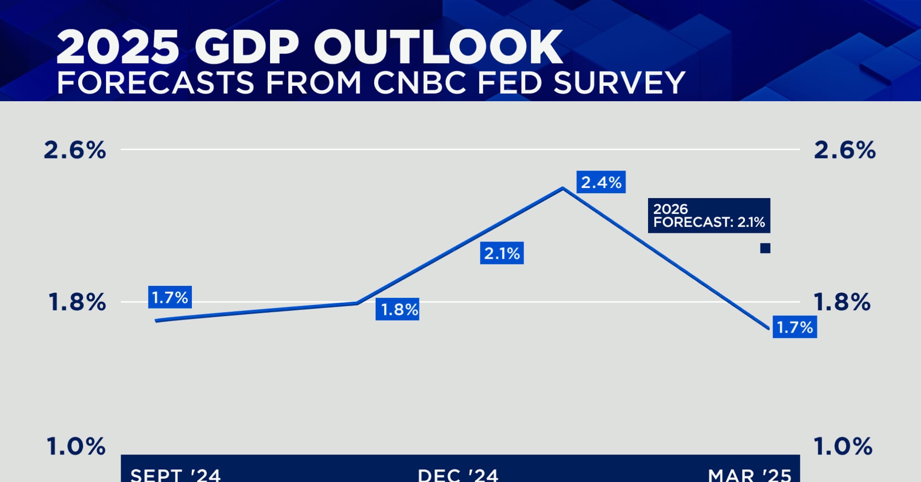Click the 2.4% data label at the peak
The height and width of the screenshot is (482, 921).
click(x=601, y=182)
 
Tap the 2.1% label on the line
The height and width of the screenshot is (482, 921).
click(x=501, y=253)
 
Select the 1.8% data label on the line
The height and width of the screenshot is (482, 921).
click(x=397, y=309)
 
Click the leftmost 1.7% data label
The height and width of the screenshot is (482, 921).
click(x=170, y=297)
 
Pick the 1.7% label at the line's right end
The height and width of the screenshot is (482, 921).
click(x=794, y=327)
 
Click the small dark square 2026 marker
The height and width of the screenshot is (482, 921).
click(x=765, y=248)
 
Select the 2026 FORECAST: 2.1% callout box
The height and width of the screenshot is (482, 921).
click(x=708, y=215)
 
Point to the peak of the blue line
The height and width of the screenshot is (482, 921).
click(x=563, y=188)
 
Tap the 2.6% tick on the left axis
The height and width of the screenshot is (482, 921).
click(x=75, y=150)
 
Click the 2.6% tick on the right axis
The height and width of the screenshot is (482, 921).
click(x=844, y=150)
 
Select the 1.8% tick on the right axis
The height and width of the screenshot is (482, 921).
click(x=842, y=303)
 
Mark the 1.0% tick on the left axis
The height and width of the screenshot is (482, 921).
click(x=76, y=446)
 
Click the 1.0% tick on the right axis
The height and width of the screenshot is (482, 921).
click(x=843, y=446)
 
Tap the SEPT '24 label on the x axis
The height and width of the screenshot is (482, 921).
click(x=175, y=475)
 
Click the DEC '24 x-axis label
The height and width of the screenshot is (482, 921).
click(x=458, y=475)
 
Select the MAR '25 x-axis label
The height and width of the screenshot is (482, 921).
click(x=749, y=475)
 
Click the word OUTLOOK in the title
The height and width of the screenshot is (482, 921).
click(x=438, y=47)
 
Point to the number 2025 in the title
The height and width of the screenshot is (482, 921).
click(x=118, y=47)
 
